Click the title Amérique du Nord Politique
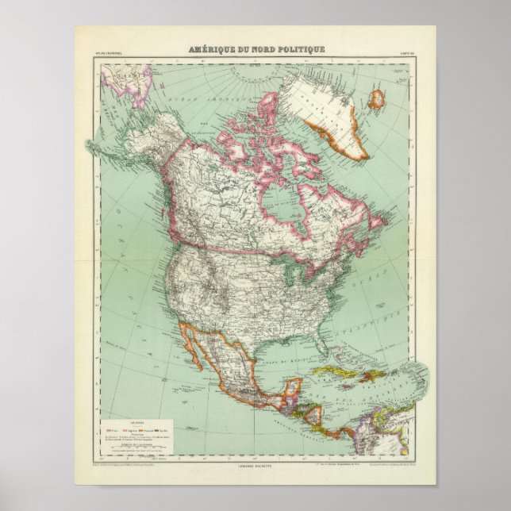[255, 49]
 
